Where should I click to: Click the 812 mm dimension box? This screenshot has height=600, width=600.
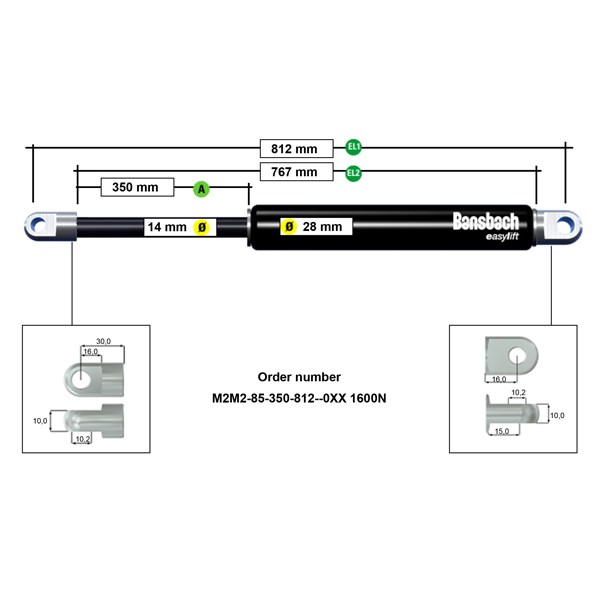tap(297, 148)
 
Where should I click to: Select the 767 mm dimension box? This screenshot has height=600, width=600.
tap(297, 171)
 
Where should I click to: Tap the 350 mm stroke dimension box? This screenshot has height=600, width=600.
tap(137, 187)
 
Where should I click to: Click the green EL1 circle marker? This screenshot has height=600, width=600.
tap(353, 147)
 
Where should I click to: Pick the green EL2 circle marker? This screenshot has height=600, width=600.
tap(353, 173)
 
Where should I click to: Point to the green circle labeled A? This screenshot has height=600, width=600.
tap(201, 189)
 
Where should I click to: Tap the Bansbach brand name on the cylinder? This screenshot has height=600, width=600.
tap(486, 221)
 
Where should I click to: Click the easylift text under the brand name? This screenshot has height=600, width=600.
tap(502, 237)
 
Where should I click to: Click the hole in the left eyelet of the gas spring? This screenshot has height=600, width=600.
tap(39, 225)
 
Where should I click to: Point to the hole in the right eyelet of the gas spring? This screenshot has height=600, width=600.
tap(565, 225)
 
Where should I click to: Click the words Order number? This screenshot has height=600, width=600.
tap(299, 377)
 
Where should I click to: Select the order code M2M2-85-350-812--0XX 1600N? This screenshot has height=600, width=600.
tap(299, 398)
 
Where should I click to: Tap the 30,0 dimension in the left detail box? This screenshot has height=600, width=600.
tap(103, 341)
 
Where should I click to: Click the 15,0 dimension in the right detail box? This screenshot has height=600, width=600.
tap(502, 431)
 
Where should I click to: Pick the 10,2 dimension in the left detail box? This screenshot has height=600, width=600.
tap(83, 439)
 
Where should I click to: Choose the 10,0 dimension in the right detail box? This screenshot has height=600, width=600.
tap(557, 415)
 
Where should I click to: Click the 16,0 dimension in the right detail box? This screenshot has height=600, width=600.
tap(499, 379)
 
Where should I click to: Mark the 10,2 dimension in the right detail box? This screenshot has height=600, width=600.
tap(518, 393)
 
